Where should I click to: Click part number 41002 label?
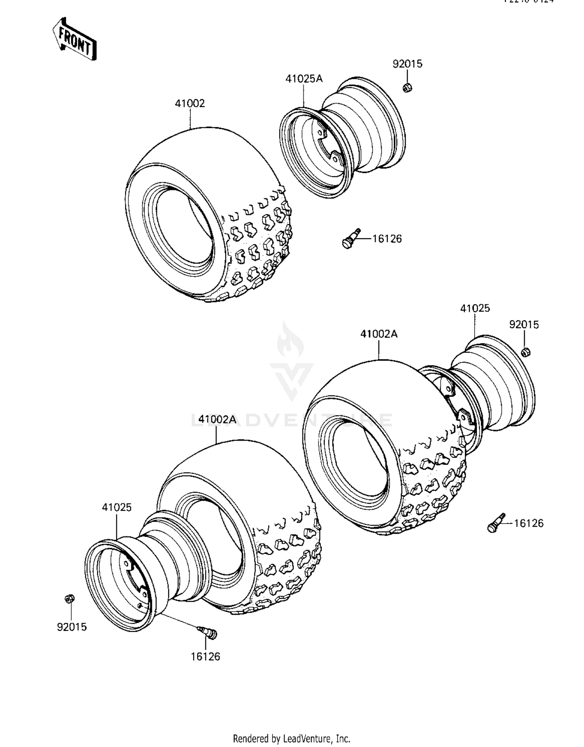(x=190, y=104)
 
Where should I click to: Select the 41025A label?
(x=304, y=79)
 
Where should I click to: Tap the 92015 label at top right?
(x=407, y=64)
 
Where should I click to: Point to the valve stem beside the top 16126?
(x=351, y=238)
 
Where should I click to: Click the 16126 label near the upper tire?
(x=387, y=239)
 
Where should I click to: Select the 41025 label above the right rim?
(x=475, y=308)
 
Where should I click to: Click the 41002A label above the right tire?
(x=379, y=334)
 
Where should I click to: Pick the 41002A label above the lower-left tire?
(x=217, y=419)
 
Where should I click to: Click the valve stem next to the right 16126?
(x=496, y=523)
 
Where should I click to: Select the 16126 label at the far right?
(x=529, y=523)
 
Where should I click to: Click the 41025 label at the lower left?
(x=117, y=507)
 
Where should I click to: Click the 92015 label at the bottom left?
(x=72, y=627)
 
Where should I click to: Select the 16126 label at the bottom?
(x=205, y=657)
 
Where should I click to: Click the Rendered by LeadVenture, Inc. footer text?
(x=292, y=738)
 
